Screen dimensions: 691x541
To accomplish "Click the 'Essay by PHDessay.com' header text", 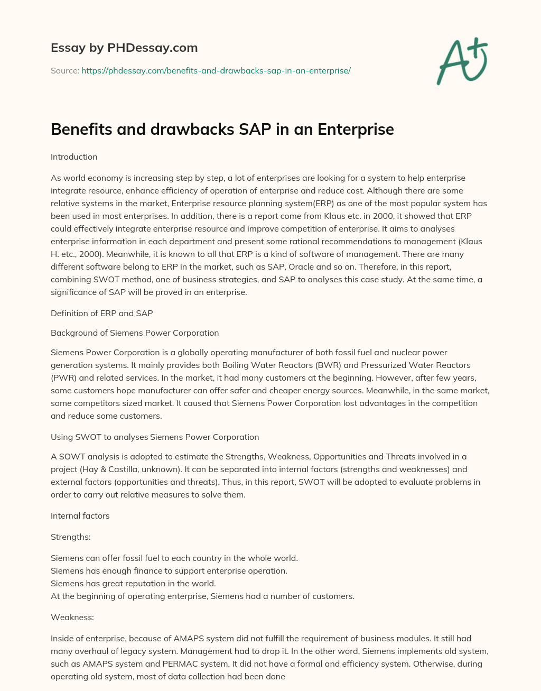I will (x=124, y=48).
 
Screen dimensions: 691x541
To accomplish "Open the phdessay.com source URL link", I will (x=216, y=70).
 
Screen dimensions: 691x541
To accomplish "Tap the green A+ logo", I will (x=461, y=61).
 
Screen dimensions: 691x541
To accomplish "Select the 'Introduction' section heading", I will (x=74, y=157).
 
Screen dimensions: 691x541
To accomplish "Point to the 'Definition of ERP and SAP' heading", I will (x=101, y=314).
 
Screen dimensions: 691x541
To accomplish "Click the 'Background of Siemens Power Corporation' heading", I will (x=135, y=333).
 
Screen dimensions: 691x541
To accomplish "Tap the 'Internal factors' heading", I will (x=80, y=516).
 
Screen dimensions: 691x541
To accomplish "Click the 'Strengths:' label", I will (x=70, y=537).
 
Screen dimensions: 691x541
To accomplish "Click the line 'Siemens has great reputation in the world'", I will (x=133, y=584).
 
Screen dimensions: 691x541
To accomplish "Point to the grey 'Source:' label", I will (x=64, y=70).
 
